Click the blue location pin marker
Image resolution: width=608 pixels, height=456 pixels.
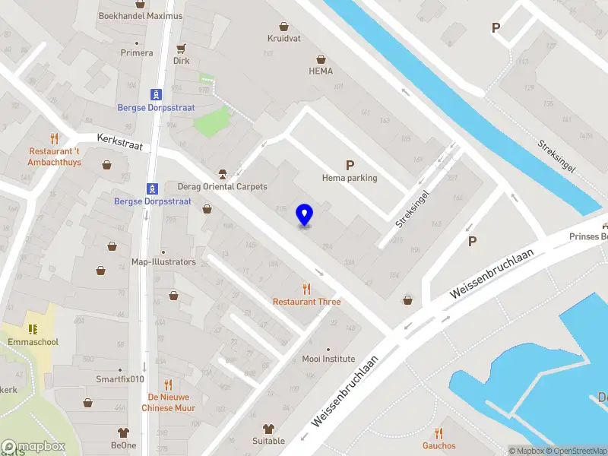point(304,215)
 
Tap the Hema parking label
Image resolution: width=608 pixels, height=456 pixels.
point(350,178)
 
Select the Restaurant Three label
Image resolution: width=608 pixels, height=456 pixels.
point(307,302)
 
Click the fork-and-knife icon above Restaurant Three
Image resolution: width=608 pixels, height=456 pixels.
point(307,288)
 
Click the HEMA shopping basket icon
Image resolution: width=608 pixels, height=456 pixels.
point(321,59)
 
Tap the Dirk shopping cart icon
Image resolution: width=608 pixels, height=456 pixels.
point(181,47)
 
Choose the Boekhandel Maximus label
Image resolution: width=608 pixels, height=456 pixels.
point(141,16)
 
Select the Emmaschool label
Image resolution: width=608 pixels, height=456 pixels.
point(33,342)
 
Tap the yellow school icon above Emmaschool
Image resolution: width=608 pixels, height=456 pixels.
point(33,329)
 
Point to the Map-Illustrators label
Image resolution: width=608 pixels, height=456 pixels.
point(163,262)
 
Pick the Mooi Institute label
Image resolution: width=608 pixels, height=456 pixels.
point(328,359)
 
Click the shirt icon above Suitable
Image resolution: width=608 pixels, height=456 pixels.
point(268,428)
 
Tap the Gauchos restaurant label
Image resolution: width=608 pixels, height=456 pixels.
point(439,445)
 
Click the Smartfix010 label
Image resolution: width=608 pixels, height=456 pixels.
point(120,379)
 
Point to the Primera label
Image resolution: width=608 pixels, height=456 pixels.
point(137,53)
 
